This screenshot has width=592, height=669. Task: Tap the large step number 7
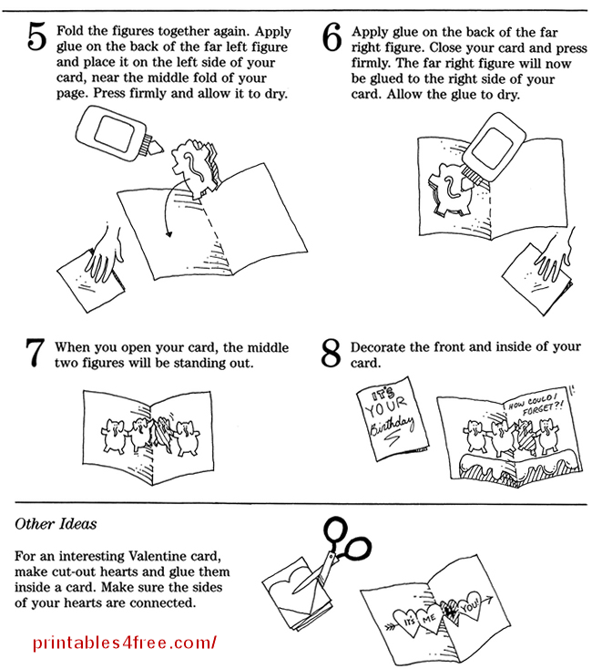35,354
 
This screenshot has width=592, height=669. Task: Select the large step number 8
332,354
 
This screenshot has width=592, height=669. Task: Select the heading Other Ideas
56,525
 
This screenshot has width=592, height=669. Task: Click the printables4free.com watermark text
125,642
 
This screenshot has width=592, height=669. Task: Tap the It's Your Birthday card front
390,416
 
